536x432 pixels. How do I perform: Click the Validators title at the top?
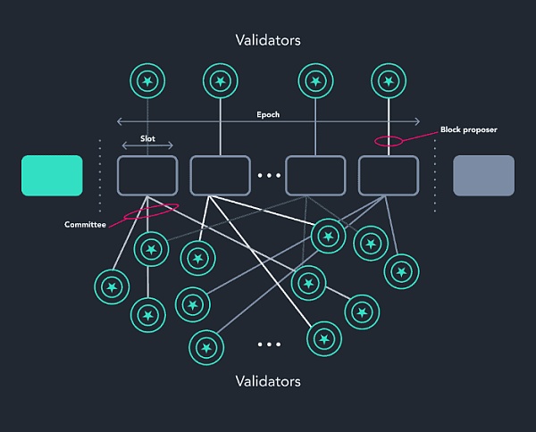pyautogui.click(x=268, y=40)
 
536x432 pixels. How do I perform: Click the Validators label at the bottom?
pyautogui.click(x=268, y=381)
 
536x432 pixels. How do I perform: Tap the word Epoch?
pyautogui.click(x=269, y=115)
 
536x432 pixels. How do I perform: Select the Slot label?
pyautogui.click(x=147, y=139)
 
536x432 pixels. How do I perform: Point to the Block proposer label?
pyautogui.click(x=468, y=129)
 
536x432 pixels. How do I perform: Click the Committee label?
pyautogui.click(x=85, y=224)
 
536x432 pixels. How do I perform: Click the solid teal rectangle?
pyautogui.click(x=52, y=175)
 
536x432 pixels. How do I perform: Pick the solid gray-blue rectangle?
pyautogui.click(x=484, y=175)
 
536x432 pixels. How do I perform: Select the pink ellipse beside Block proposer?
pyautogui.click(x=388, y=140)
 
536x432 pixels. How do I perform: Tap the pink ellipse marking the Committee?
pyautogui.click(x=151, y=211)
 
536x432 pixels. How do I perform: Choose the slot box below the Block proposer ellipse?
pyautogui.click(x=388, y=175)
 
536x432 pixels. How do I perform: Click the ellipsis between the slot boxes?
pyautogui.click(x=269, y=176)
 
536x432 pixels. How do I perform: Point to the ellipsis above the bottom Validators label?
pyautogui.click(x=269, y=345)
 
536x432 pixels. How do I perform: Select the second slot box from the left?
pyautogui.click(x=220, y=175)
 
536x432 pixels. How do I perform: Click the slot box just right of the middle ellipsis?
pyautogui.click(x=314, y=175)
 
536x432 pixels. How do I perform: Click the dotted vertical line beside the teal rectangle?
pyautogui.click(x=100, y=175)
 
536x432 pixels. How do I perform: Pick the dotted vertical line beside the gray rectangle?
pyautogui.click(x=435, y=175)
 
